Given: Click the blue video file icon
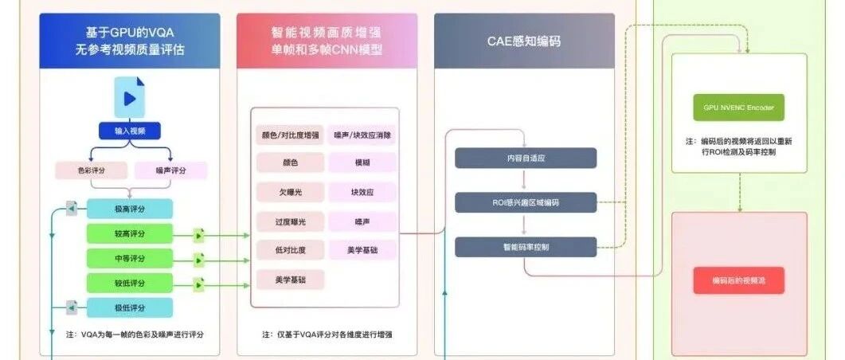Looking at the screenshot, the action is pos(130,97).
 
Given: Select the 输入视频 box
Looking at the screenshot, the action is pos(130,131).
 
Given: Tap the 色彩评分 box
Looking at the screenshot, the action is pos(91,170).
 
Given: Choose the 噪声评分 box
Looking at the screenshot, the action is pos(170,170).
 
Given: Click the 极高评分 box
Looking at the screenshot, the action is pos(130,209).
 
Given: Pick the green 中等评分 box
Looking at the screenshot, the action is pos(130,259).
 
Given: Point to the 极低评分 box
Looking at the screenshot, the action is pos(130,307).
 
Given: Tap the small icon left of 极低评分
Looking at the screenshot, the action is pos(72,307).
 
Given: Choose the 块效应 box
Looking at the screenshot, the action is pos(362,193).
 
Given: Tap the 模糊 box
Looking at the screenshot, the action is pos(362,162).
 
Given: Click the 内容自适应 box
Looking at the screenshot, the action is pos(526,158).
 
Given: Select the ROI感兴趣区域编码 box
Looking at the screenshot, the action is pos(526,203).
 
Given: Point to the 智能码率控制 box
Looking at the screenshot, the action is pos(526,247).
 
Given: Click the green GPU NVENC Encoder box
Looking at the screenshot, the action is pos(738,107).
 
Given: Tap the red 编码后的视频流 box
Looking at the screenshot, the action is pos(738,280).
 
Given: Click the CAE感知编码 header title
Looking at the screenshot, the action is pos(524,41).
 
